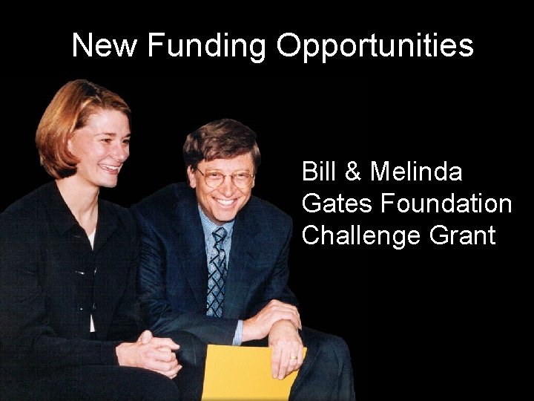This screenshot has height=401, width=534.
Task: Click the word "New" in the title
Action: (x=104, y=45)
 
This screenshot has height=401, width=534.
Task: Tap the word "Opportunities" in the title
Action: (x=375, y=46)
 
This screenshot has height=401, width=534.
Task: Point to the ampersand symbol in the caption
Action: (x=353, y=172)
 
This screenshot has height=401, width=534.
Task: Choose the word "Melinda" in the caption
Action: (x=416, y=172)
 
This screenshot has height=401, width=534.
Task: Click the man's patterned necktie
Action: (x=217, y=271)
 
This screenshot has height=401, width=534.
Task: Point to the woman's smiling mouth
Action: (x=109, y=167)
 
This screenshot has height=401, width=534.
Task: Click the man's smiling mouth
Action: (x=225, y=201)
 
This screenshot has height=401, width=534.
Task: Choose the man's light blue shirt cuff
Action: (x=237, y=333)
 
